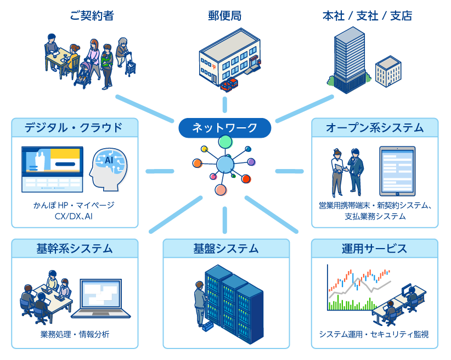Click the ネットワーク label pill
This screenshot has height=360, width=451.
click(225, 128)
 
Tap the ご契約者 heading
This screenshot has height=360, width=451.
click(92, 15)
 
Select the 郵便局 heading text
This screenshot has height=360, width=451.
click(225, 15)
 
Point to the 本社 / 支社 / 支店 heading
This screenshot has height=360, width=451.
click(367, 15)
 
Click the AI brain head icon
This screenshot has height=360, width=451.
click(109, 168)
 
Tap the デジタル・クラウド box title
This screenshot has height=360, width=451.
click(75, 128)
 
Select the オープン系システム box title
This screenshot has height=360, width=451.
click(375, 128)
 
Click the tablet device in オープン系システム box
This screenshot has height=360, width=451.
click(397, 171)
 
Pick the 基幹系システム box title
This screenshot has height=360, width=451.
click(75, 248)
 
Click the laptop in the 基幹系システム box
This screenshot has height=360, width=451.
click(101, 299)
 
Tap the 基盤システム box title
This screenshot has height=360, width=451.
click(226, 248)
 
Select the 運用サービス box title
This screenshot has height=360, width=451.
click(375, 248)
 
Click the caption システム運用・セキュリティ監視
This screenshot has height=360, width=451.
click(375, 334)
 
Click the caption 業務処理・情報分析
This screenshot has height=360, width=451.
click(75, 334)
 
